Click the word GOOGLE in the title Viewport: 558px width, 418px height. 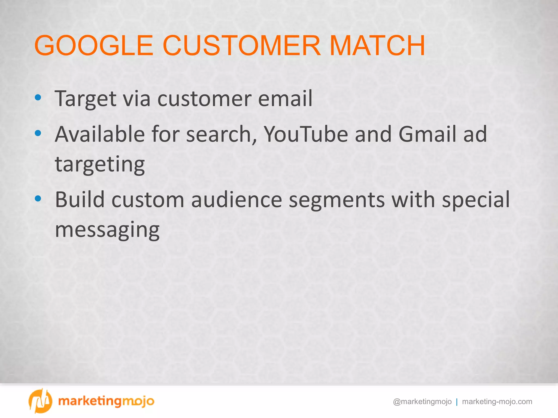94,45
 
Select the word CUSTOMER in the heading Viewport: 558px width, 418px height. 241,45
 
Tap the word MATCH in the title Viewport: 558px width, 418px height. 377,45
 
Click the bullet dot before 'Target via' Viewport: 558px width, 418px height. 38,97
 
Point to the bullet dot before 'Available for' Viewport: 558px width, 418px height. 38,133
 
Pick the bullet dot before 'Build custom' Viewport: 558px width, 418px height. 38,199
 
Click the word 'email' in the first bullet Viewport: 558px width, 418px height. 285,99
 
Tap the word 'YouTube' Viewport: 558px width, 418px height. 306,134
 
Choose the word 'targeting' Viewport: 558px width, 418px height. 100,165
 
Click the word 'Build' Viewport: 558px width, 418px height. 80,199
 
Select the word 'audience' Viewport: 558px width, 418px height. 236,200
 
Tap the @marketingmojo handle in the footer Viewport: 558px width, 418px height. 422,402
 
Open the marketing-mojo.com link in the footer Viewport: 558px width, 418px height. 497,402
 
